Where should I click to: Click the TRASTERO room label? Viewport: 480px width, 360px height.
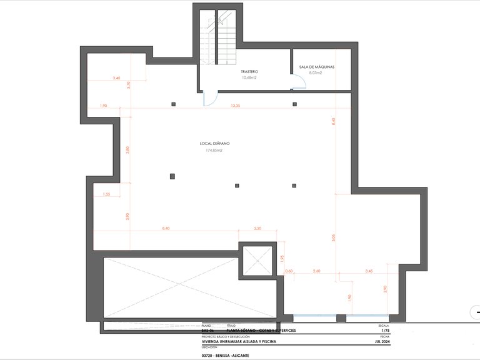pos(249,72)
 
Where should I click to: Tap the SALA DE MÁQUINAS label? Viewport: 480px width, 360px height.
pos(317,66)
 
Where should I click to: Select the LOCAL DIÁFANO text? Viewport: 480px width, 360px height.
pos(214,143)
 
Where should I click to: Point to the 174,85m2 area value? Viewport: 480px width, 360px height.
pos(214,151)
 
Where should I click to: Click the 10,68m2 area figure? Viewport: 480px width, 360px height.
pos(249,78)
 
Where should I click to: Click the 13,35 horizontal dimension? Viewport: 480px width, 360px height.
pos(235,106)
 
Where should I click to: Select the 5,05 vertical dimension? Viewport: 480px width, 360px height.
pos(334,237)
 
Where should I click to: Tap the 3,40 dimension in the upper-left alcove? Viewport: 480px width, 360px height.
pos(116,78)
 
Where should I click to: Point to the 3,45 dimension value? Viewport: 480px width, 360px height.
pos(369,271)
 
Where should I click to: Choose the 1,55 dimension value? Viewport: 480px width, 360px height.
pos(106,195)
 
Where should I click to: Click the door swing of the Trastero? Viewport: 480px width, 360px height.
pos(211,99)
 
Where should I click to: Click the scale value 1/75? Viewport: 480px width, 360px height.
pos(384,330)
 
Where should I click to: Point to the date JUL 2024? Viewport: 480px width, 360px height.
pos(381,342)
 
